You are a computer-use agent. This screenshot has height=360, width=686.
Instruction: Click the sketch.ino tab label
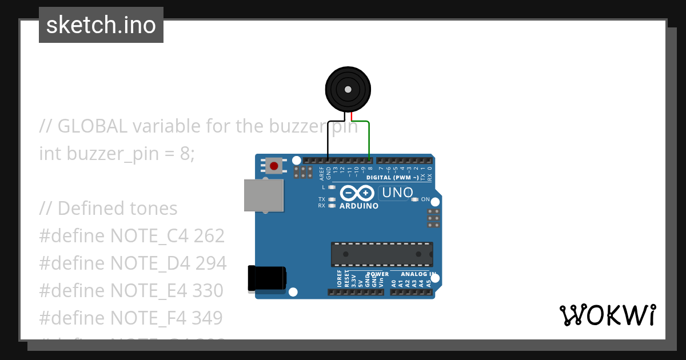click(101, 25)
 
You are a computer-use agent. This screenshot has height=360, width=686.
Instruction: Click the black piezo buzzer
click(348, 89)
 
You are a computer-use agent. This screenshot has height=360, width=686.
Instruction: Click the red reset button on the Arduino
click(274, 166)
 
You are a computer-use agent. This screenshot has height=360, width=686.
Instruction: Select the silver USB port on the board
click(263, 195)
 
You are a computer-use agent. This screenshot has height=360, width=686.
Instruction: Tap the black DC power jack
click(266, 279)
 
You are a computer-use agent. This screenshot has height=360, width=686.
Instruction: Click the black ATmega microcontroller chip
click(381, 254)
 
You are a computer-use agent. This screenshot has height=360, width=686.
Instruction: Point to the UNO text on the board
click(397, 193)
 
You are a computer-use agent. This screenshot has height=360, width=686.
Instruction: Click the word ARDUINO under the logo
click(358, 206)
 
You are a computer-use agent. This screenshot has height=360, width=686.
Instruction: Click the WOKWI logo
click(607, 315)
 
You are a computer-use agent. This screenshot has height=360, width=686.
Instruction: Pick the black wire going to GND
click(328, 140)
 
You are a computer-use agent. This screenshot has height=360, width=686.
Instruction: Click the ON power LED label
click(425, 199)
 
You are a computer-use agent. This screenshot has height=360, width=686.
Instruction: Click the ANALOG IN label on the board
click(418, 274)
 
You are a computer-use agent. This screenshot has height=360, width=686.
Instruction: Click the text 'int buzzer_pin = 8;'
click(117, 154)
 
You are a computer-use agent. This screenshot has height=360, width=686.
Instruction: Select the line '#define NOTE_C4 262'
click(131, 236)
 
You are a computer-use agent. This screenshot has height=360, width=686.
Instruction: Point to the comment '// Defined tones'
click(108, 209)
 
